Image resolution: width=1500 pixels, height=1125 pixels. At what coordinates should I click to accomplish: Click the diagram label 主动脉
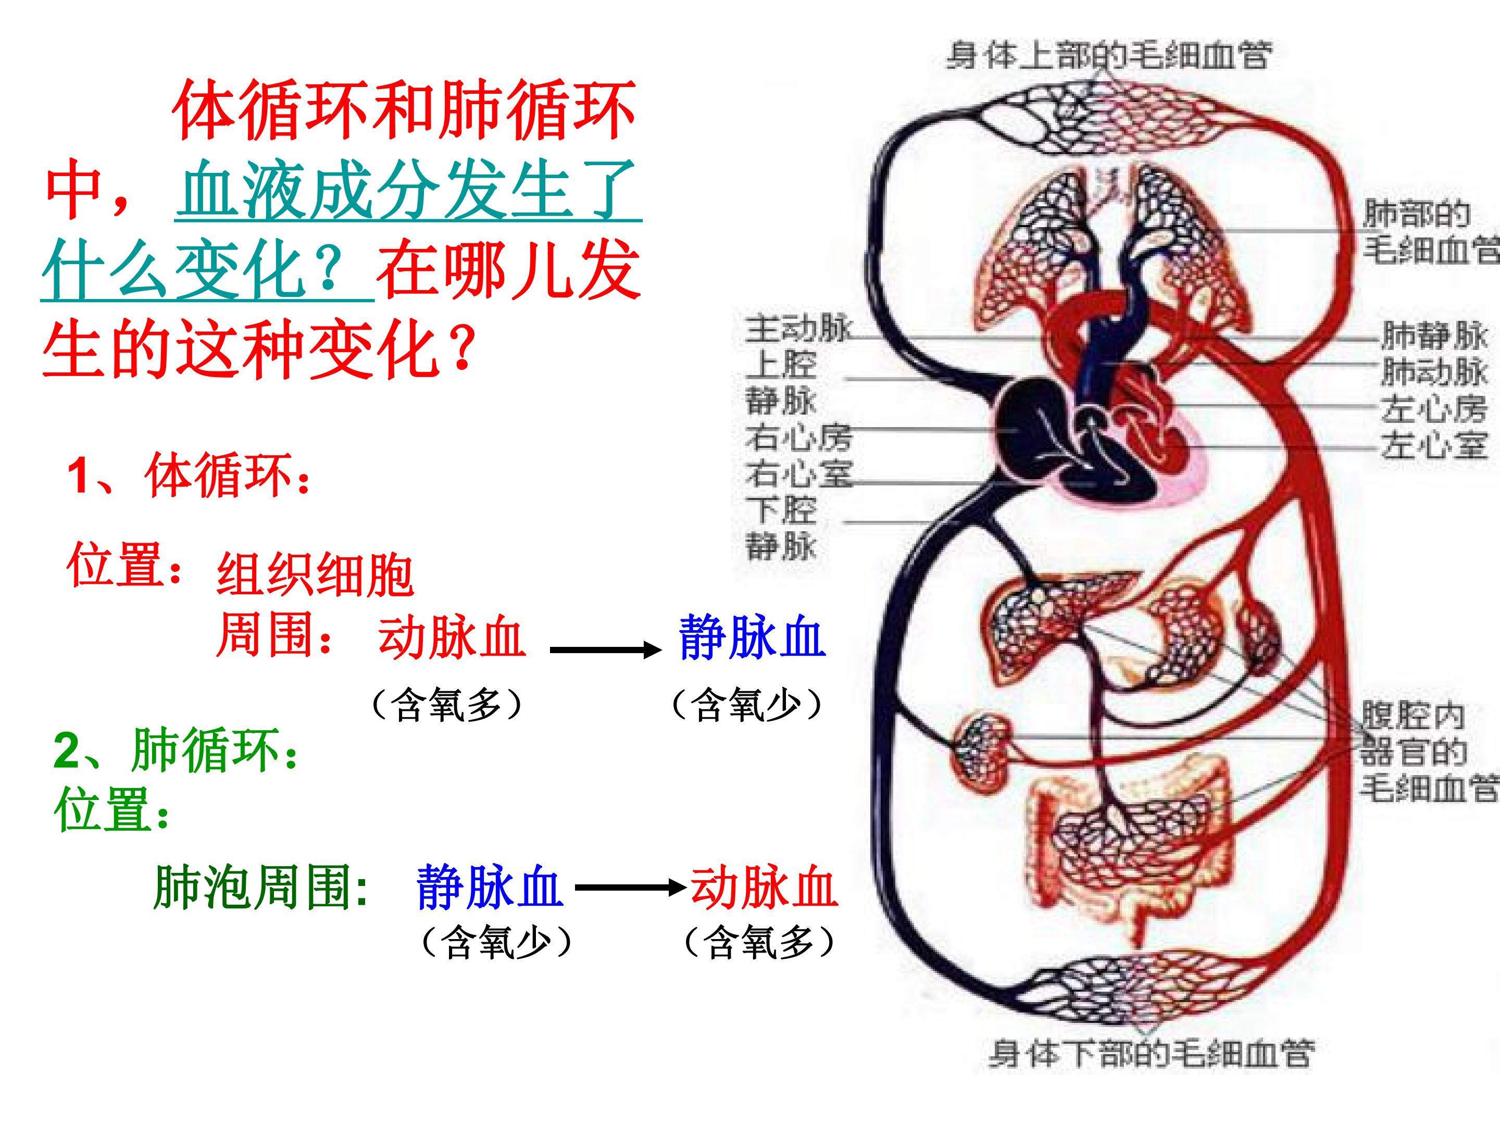798,330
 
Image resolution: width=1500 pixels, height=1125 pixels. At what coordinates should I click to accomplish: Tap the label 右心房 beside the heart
798,438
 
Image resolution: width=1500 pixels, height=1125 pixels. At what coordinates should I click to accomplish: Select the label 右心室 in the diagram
798,473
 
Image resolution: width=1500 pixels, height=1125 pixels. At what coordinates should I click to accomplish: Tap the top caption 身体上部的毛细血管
1109,54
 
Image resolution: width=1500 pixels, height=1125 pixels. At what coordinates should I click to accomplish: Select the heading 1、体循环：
190,476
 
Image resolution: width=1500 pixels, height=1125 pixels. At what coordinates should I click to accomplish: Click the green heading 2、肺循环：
177,750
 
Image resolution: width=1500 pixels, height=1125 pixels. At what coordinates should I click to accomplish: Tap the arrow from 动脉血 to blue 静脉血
606,651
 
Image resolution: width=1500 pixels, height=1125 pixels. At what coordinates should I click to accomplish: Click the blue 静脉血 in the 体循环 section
752,638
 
